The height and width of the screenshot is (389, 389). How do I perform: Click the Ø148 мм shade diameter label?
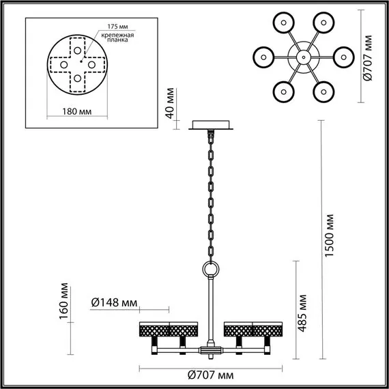point(113,302)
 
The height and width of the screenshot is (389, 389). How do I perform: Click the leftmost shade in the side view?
point(154,329)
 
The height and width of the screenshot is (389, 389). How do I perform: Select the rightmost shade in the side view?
point(269,329)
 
